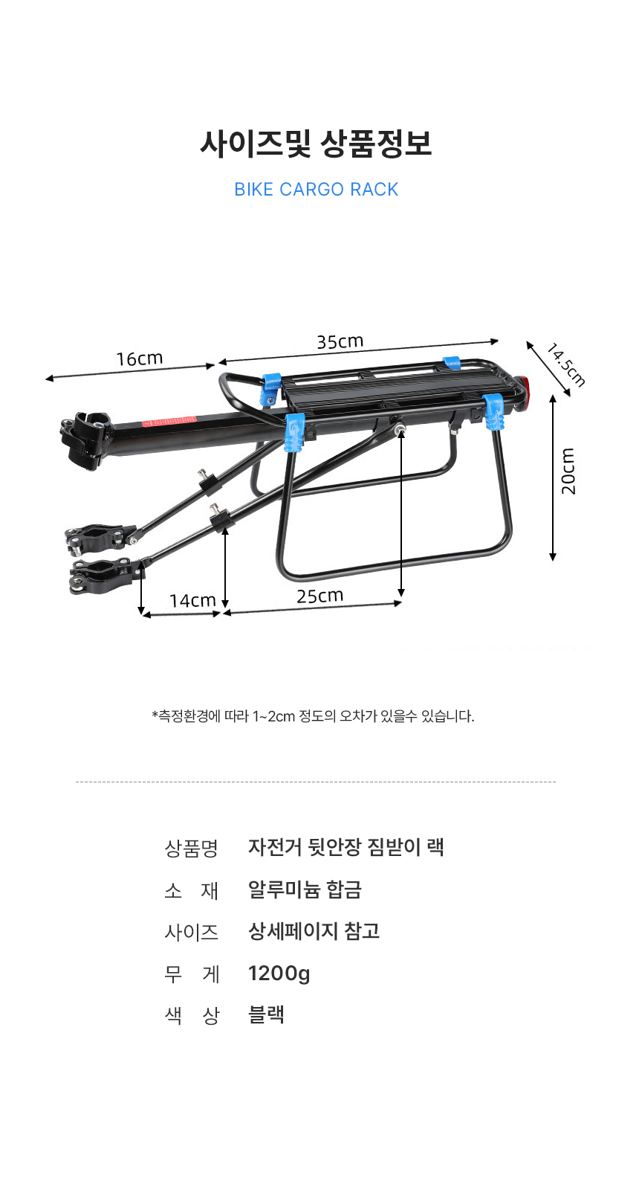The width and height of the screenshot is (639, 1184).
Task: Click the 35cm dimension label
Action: point(340,341)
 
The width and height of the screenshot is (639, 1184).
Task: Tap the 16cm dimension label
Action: point(140,359)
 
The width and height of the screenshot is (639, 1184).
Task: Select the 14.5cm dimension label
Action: point(565,364)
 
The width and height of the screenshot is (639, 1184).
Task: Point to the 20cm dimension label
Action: point(568,472)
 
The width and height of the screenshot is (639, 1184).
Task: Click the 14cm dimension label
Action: point(192,600)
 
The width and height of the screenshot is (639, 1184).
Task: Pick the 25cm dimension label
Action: point(320,596)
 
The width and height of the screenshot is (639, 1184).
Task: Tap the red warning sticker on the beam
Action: point(169,422)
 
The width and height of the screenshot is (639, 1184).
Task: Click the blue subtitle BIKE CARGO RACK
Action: point(316,189)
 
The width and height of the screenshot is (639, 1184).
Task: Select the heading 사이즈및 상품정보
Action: point(316,144)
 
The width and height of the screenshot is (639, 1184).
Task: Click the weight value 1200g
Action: point(279,973)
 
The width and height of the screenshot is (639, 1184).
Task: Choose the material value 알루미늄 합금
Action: point(305,889)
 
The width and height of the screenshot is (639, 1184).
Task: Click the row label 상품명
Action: point(191,849)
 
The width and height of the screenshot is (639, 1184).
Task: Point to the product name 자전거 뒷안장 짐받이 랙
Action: point(346,847)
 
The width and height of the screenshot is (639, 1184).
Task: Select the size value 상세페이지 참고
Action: point(314,931)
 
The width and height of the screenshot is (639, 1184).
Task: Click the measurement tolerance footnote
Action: point(313,716)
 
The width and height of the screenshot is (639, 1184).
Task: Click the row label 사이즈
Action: point(191,932)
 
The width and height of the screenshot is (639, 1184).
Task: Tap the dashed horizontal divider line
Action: point(316,782)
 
